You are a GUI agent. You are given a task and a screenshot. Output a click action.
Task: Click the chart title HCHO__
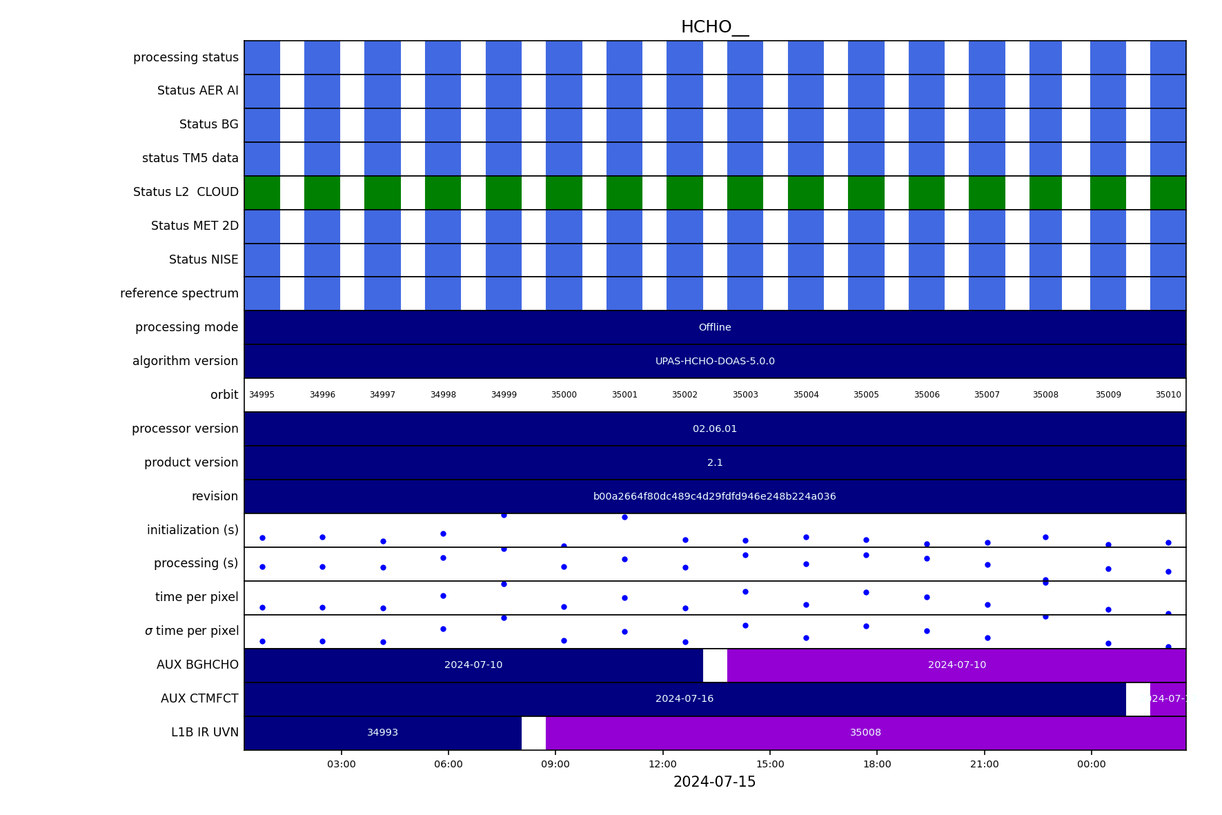point(714,27)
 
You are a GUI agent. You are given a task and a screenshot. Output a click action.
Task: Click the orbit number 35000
point(564,395)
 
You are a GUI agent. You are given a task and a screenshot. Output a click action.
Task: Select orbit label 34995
point(262,395)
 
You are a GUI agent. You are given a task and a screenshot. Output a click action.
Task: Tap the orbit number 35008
point(1045,395)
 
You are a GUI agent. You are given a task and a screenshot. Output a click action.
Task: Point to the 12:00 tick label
point(662,764)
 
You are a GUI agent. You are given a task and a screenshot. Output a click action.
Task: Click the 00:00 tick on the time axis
point(1091,764)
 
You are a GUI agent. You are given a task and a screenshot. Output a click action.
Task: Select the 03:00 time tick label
point(341,764)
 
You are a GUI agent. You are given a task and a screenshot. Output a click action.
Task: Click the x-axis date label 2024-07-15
point(714,782)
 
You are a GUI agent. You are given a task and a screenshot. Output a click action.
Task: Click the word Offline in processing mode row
point(714,328)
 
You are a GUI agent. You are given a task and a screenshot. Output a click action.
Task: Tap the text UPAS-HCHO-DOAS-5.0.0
point(714,362)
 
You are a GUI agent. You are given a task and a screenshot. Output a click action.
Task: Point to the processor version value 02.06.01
point(714,429)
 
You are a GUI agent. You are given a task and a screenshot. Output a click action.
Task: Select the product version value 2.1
point(714,463)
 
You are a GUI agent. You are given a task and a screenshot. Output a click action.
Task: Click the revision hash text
point(714,497)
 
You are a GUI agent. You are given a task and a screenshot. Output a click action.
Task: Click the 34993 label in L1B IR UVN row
point(382,733)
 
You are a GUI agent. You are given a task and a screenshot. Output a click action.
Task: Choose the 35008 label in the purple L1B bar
point(865,733)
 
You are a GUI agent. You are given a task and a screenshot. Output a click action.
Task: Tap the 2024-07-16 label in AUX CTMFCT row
point(684,699)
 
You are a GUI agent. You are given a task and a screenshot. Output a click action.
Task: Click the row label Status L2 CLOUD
point(186,193)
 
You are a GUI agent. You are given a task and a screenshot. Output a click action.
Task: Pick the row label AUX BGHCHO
point(197,665)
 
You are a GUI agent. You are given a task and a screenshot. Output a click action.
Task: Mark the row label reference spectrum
point(179,294)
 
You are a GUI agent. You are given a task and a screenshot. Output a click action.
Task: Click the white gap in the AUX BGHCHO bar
point(715,665)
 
